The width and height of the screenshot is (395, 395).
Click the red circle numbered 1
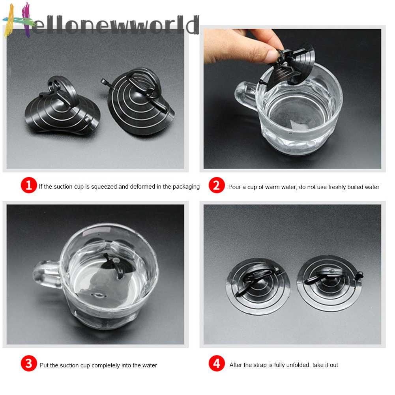pyautogui.click(x=29, y=185)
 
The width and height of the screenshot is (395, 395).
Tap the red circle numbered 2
pyautogui.click(x=216, y=185)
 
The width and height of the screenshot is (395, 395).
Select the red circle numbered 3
pyautogui.click(x=29, y=364)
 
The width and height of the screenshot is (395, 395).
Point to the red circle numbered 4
pyautogui.click(x=216, y=364)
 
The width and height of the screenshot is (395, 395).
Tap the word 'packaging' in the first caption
pyautogui.click(x=186, y=187)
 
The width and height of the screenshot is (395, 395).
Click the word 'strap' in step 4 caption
pyautogui.click(x=258, y=365)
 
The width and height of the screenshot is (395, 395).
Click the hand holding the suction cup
pyautogui.click(x=241, y=45)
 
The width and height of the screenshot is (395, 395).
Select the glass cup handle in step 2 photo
pyautogui.click(x=245, y=97)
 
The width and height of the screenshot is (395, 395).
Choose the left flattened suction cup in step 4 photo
pyautogui.click(x=258, y=285)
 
